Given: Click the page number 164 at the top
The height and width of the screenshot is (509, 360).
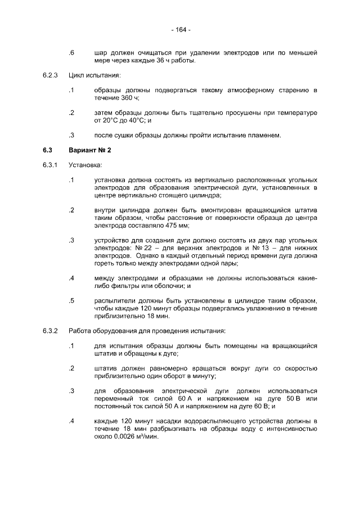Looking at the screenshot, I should [180, 29].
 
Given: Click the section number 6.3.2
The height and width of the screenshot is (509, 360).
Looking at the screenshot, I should [51, 330].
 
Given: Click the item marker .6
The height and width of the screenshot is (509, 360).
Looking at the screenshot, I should [71, 53].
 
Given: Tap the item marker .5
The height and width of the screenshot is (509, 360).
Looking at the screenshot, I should [71, 300].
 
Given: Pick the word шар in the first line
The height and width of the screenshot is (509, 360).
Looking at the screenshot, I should [101, 53].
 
